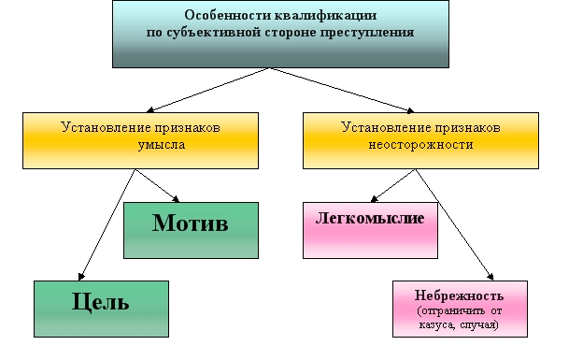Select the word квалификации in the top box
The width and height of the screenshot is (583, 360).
click(326, 16)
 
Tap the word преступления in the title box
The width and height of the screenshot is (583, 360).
click(367, 33)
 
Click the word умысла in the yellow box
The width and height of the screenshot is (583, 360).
click(162, 145)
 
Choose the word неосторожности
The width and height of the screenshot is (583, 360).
click(420, 144)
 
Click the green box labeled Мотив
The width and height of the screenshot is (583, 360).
click(191, 230)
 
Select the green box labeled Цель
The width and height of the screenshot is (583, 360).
click(101, 309)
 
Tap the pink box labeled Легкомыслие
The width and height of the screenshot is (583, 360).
click(370, 230)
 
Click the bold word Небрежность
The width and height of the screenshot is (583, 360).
click(459, 295)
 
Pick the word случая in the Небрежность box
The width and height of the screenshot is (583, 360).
click(479, 324)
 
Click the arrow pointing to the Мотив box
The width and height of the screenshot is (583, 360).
click(157, 186)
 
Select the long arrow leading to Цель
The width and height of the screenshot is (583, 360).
click(107, 224)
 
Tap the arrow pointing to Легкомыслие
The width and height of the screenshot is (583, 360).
click(392, 186)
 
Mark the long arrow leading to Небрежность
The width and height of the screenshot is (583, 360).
click(454, 224)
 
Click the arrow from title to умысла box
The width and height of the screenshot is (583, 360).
click(207, 90)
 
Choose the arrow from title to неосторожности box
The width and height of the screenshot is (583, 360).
click(342, 90)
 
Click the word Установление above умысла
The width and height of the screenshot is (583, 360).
click(106, 128)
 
